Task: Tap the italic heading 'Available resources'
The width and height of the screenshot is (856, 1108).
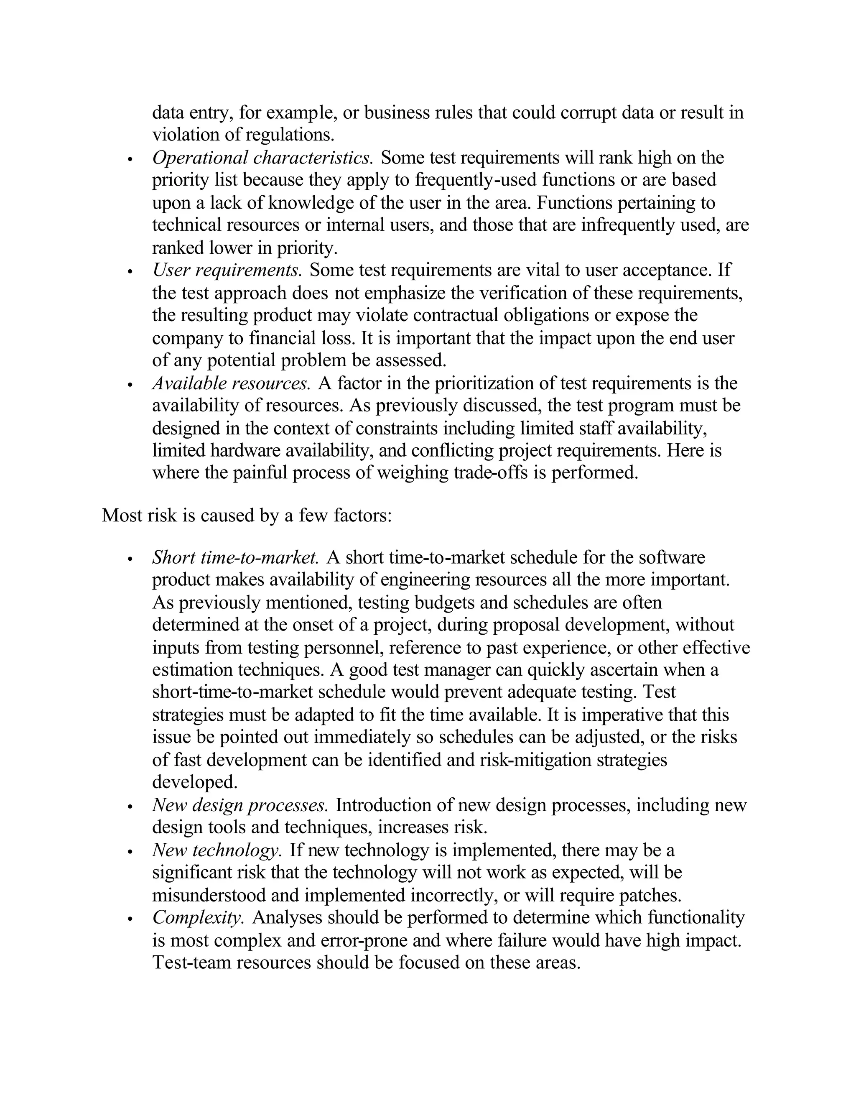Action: pyautogui.click(x=231, y=383)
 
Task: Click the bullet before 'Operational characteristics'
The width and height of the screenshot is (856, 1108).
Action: pyautogui.click(x=130, y=160)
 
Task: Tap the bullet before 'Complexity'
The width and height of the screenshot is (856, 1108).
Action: pyautogui.click(x=130, y=919)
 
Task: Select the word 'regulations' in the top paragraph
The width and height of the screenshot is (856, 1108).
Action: pyautogui.click(x=289, y=135)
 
